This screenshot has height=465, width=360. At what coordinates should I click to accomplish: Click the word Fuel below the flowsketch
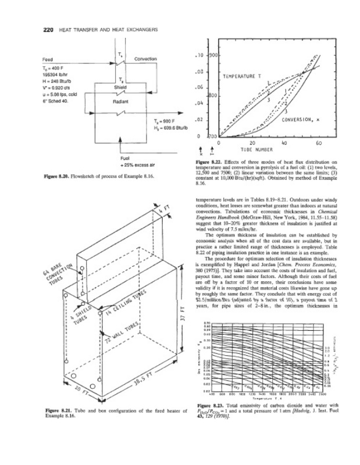(124, 158)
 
